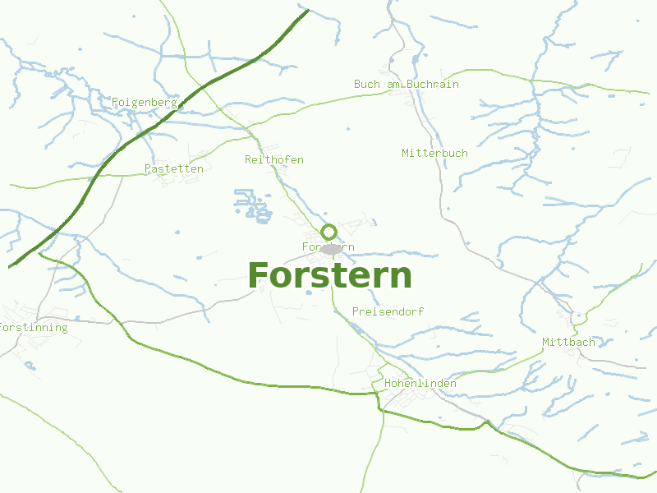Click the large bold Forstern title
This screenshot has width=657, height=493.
point(329,276)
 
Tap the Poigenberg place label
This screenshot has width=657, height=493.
point(145,103)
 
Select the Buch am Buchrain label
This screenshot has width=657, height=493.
point(406,85)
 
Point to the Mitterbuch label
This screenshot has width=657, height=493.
point(434,154)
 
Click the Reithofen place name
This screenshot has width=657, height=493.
point(273,159)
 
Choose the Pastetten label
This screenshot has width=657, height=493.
point(173,168)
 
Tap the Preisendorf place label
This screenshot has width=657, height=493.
point(388,312)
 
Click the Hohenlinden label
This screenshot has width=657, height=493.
point(420,384)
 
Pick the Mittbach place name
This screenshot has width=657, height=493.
point(567,342)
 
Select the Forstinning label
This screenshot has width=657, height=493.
point(34,328)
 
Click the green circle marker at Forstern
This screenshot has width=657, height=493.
point(328,232)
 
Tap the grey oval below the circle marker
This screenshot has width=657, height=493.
point(331,248)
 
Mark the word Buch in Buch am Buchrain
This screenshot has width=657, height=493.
point(365,85)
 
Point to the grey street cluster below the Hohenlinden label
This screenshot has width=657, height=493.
point(407,400)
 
